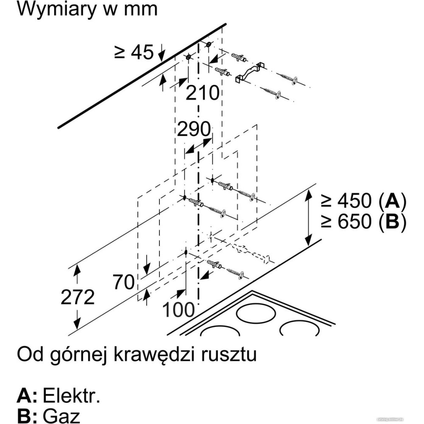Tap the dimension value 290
194,129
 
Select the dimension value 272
77,298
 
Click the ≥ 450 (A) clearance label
363,201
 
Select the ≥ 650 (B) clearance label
363,222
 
